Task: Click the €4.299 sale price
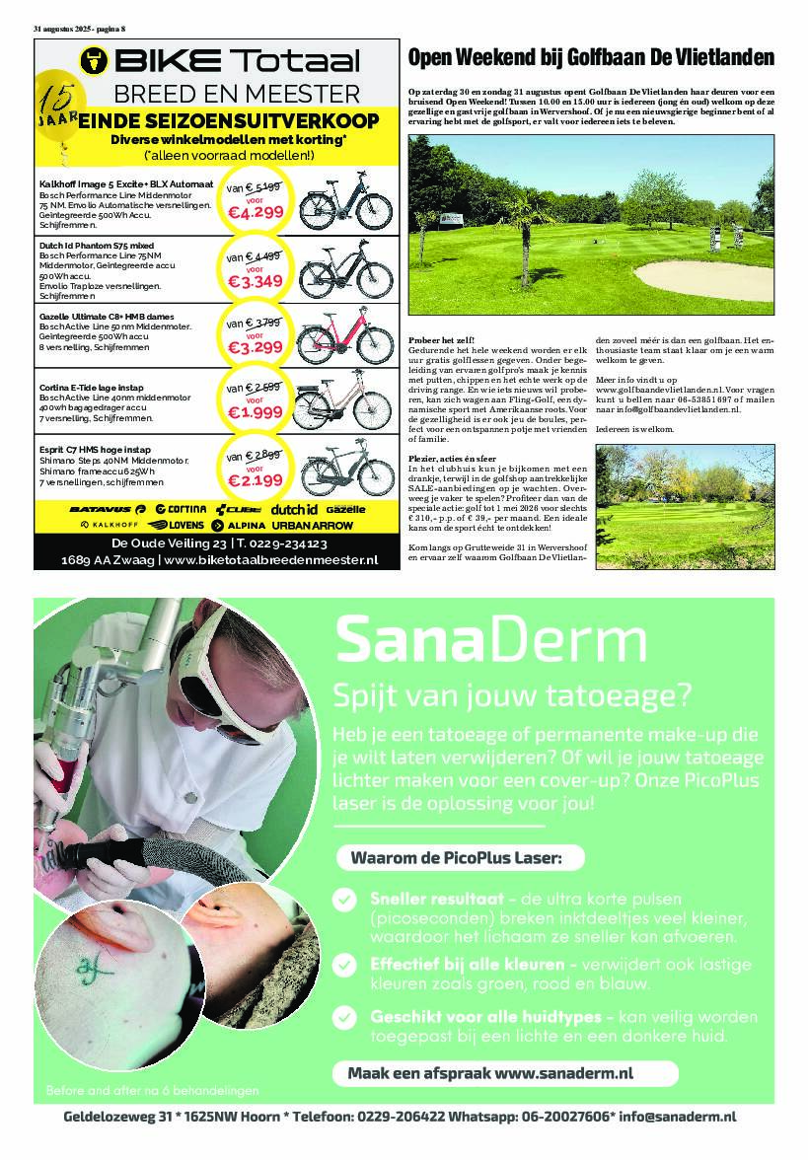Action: (x=256, y=211)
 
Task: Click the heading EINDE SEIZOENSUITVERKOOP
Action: (x=228, y=121)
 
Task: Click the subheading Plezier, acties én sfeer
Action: (x=456, y=459)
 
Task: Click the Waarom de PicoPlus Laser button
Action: (x=455, y=858)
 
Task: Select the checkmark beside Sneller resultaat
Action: (x=343, y=900)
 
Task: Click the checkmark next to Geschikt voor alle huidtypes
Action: (x=343, y=1016)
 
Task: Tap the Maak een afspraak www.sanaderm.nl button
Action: (x=503, y=1072)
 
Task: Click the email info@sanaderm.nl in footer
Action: (x=677, y=1116)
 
